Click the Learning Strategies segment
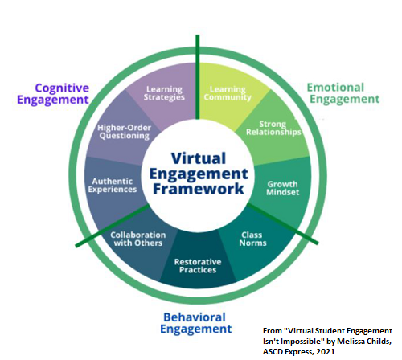coord(166,92)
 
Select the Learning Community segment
coord(227,92)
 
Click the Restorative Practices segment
coord(196,265)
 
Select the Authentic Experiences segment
coord(113,186)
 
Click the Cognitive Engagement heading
coord(61,92)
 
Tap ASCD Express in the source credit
coord(302,351)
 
